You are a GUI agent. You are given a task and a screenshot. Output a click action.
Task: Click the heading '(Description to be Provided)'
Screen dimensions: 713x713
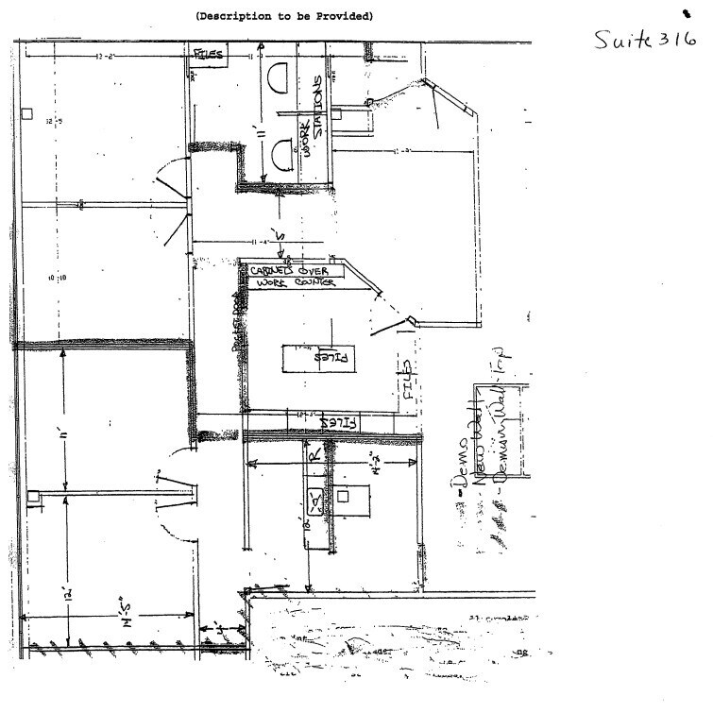point(284,16)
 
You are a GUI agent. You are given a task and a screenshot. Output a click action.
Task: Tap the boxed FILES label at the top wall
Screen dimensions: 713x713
point(208,55)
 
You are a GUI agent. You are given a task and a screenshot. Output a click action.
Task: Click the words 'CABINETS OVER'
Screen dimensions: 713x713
point(288,271)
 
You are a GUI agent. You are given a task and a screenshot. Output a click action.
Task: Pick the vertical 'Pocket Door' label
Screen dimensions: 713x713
point(238,320)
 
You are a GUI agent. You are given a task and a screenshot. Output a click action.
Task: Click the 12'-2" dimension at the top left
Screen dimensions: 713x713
point(104,57)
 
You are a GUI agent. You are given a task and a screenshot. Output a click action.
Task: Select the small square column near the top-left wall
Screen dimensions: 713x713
point(29,112)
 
